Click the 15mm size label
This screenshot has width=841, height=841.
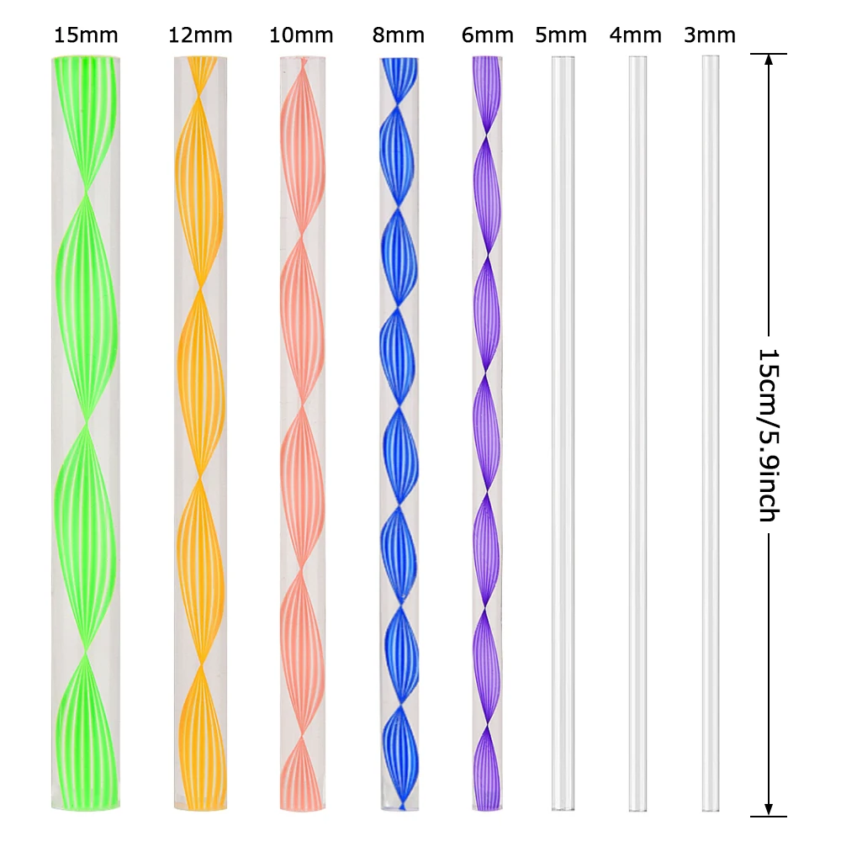86,35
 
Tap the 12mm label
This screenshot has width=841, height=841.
200,35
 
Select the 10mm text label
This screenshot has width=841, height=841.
301,35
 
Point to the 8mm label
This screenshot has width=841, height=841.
399,35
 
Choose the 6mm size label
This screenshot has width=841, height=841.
488,35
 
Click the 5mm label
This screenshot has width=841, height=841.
561,35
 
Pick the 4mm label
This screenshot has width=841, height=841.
636,35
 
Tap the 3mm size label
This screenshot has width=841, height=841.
710,35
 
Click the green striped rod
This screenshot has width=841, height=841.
86,433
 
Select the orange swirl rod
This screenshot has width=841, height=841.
200,433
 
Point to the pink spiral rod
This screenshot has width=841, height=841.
303,433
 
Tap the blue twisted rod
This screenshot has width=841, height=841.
399,433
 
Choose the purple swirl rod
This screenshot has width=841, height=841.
487,433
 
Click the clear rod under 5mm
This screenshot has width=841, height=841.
563,433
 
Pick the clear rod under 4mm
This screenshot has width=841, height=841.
637,433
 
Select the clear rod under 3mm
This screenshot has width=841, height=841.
710,433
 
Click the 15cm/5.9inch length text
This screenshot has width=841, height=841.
768,435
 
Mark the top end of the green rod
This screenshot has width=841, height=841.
86,56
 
